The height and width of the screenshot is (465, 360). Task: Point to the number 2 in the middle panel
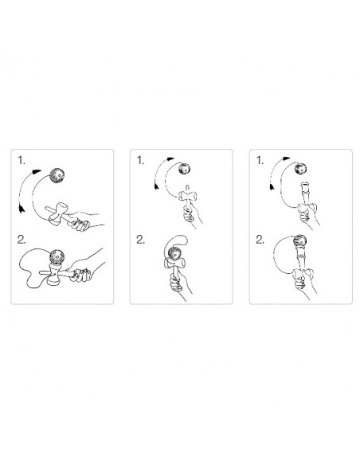click(142, 238)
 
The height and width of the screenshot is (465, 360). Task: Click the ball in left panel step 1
click(58, 174)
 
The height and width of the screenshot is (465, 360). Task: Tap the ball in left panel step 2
click(57, 256)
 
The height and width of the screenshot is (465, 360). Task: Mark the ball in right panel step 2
click(303, 244)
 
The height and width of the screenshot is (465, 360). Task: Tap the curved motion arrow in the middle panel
click(160, 175)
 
